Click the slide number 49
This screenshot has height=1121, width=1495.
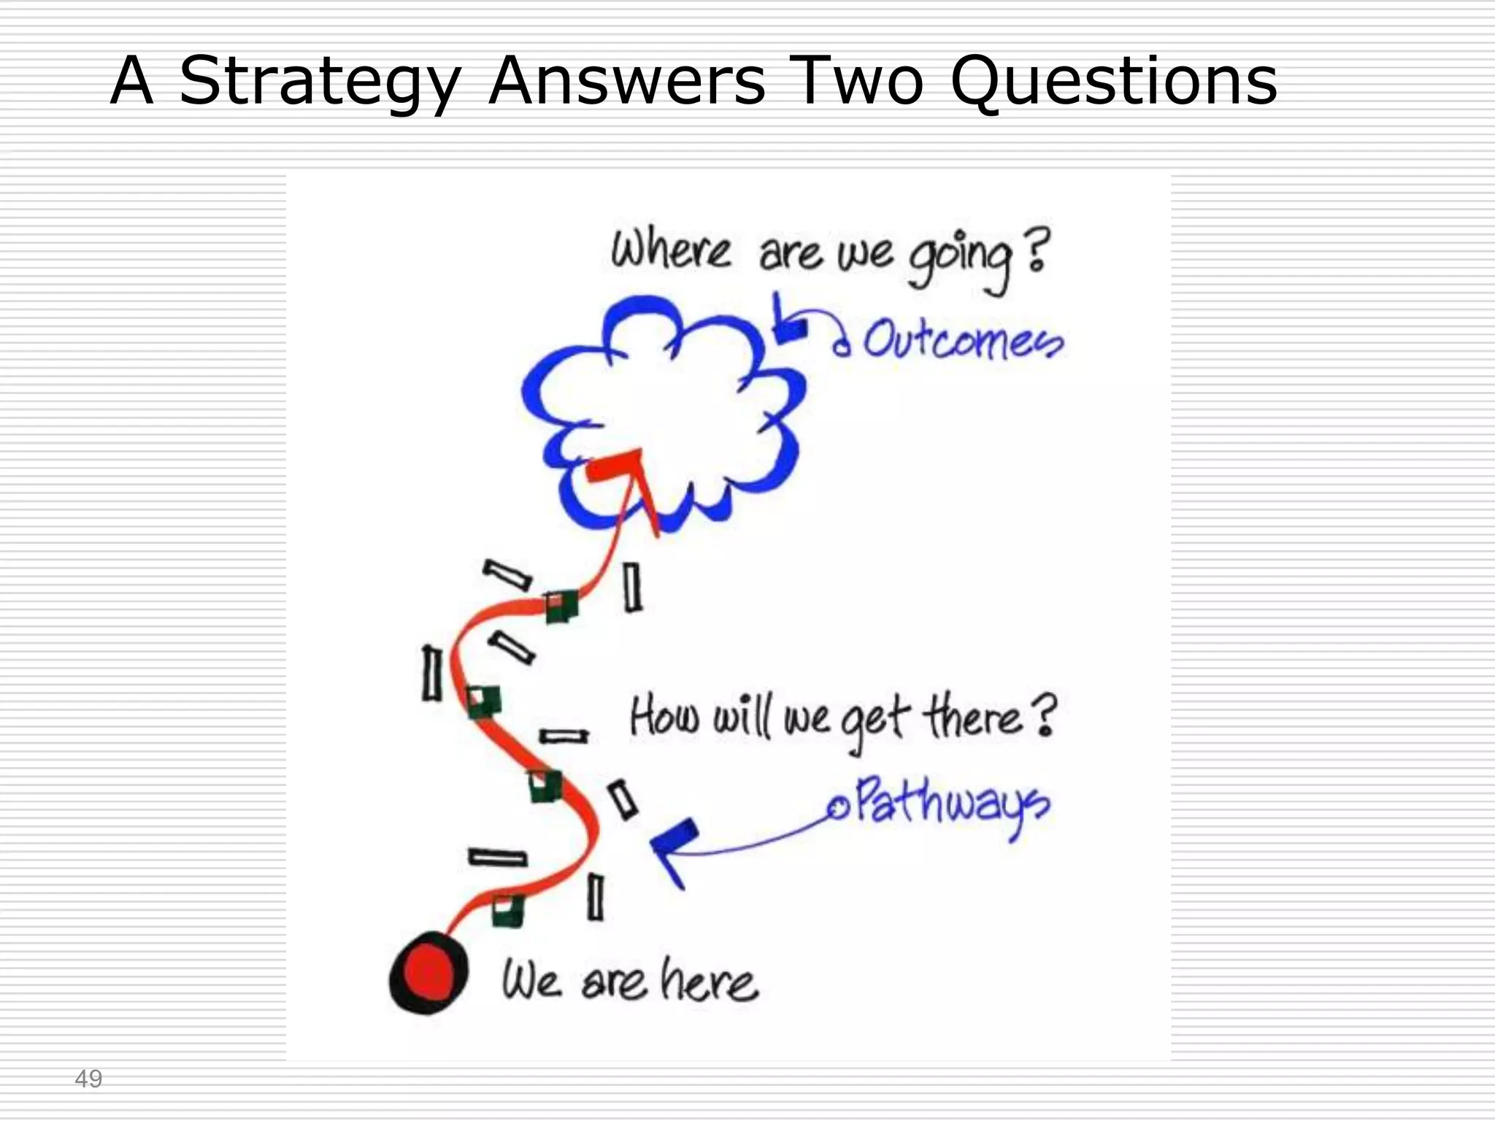pyautogui.click(x=88, y=1079)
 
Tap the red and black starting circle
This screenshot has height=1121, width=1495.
pyautogui.click(x=428, y=973)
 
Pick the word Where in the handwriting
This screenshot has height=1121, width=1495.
pyautogui.click(x=670, y=250)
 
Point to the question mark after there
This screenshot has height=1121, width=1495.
pyautogui.click(x=1045, y=715)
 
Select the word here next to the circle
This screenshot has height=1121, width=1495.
pyautogui.click(x=708, y=982)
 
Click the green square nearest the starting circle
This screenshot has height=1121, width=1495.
pyautogui.click(x=508, y=910)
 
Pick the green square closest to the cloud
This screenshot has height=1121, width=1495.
pyautogui.click(x=561, y=606)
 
